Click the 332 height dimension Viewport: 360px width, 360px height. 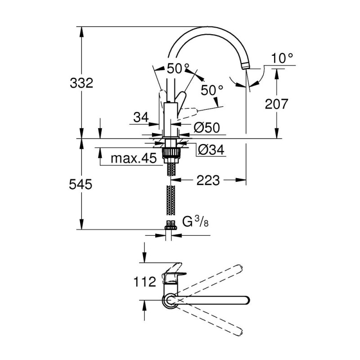81,83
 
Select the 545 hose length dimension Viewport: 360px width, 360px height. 81,184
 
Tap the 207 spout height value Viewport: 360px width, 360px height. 276,104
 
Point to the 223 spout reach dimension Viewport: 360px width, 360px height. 208,180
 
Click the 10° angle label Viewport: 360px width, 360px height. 282,58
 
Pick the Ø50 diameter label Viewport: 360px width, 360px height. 207,128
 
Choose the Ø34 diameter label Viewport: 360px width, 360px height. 211,150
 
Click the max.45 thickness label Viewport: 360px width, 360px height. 134,158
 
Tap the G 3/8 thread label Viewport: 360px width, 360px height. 195,222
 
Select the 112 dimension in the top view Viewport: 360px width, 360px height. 144,282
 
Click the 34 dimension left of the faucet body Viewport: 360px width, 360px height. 141,117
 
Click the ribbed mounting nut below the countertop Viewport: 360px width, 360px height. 171,153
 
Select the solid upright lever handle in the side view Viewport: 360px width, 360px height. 182,100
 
